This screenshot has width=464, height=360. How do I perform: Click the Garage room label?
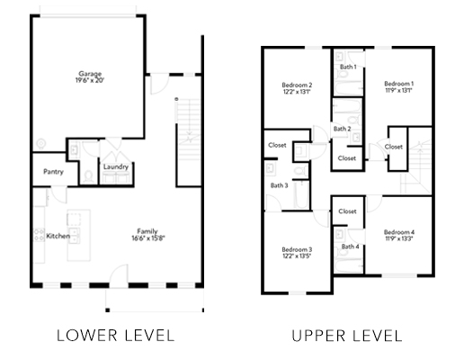pyautogui.click(x=90, y=74)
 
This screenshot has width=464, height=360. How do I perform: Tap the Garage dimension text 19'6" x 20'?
pyautogui.click(x=90, y=80)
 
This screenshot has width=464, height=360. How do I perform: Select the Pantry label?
pyautogui.click(x=53, y=172)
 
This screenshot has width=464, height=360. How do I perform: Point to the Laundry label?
pyautogui.click(x=116, y=166)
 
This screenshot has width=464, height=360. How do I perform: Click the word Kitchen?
pyautogui.click(x=58, y=236)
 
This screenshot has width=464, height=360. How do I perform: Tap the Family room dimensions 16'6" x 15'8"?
pyautogui.click(x=148, y=238)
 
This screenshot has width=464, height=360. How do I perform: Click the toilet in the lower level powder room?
pyautogui.click(x=88, y=176)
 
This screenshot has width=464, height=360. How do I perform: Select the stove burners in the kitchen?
pyautogui.click(x=40, y=235)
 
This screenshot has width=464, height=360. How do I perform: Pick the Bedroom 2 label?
pyautogui.click(x=297, y=85)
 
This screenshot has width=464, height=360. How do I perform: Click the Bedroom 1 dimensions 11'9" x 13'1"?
pyautogui.click(x=398, y=90)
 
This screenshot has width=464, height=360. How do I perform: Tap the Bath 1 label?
pyautogui.click(x=348, y=67)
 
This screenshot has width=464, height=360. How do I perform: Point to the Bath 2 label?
pyautogui.click(x=342, y=129)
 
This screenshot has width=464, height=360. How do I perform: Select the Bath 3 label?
pyautogui.click(x=279, y=185)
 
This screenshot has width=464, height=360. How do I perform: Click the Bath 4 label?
pyautogui.click(x=350, y=247)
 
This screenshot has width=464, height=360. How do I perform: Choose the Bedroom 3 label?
pyautogui.click(x=297, y=249)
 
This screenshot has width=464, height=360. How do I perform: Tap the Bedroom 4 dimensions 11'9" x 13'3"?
pyautogui.click(x=399, y=238)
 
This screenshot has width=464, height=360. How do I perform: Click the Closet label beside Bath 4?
pyautogui.click(x=347, y=211)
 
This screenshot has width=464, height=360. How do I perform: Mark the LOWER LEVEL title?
pyautogui.click(x=116, y=336)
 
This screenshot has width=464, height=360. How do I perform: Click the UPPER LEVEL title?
pyautogui.click(x=347, y=336)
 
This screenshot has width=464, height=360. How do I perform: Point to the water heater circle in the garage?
pyautogui.click(x=41, y=143)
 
